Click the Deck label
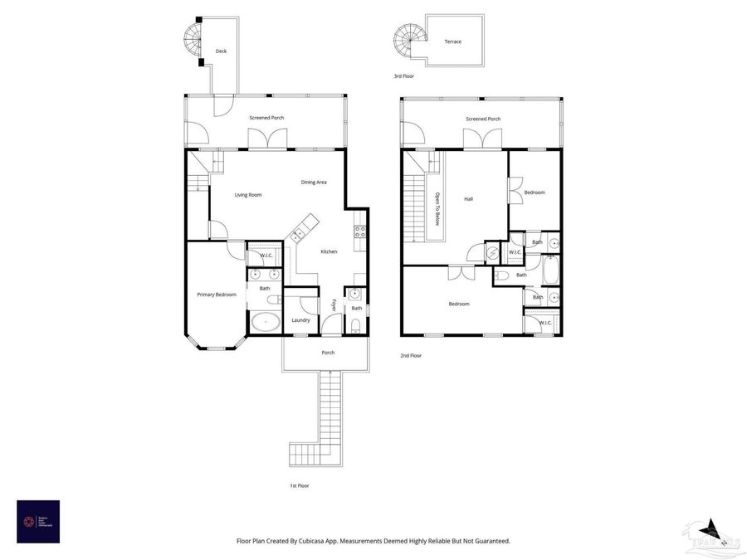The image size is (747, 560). pos(221,51)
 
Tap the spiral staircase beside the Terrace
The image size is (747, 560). pos(408,39)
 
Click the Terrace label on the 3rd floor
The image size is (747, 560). pos(452,41)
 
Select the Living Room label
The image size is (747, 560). pos(248,195)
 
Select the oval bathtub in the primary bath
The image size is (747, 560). pos(265,321)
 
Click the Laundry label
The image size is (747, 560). pos(301,320)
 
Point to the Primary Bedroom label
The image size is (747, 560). pos(217,295)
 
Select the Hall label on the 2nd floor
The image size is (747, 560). pos(468,199)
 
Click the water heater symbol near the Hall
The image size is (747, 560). pos(494,253)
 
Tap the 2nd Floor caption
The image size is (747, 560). pos(411,355)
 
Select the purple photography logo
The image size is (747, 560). pos(38,521)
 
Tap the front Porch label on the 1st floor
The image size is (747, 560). pos(328,353)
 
